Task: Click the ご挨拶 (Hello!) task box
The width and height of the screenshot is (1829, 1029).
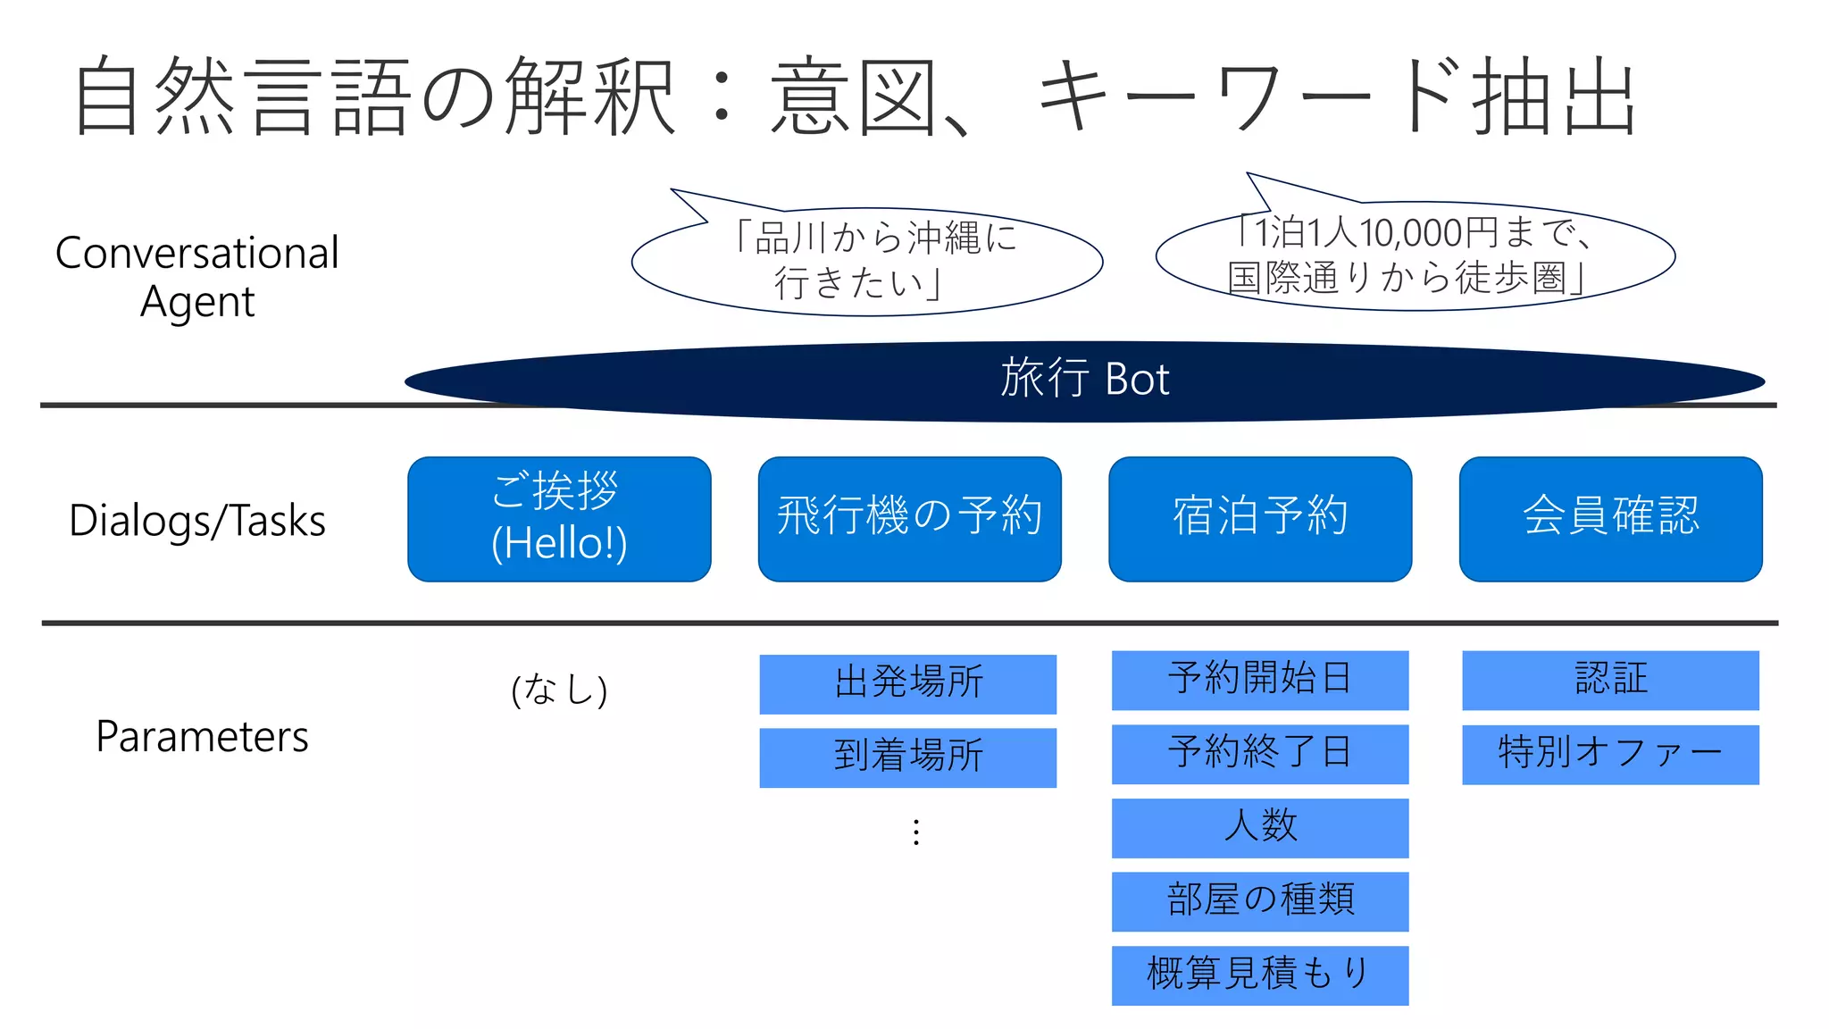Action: click(x=559, y=519)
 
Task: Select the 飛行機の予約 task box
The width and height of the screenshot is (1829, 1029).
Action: click(x=909, y=519)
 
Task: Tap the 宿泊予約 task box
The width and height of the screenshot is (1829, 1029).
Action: click(x=1260, y=519)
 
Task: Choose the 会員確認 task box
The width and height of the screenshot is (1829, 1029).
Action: click(x=1610, y=519)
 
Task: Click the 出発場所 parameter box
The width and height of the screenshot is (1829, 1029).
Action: click(x=907, y=684)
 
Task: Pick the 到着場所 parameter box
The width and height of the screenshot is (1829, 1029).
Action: click(x=907, y=757)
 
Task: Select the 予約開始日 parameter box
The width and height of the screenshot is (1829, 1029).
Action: click(x=1259, y=680)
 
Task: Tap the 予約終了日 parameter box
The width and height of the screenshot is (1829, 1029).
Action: click(x=1259, y=754)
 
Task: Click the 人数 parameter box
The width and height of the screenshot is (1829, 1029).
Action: click(x=1259, y=828)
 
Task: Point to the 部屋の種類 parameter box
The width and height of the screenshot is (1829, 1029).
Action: click(x=1259, y=901)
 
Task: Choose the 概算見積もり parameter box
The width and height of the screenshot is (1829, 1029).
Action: click(x=1259, y=975)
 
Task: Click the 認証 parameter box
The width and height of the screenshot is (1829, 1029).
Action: click(x=1610, y=680)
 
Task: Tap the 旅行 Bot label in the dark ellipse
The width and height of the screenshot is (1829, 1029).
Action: click(x=1084, y=380)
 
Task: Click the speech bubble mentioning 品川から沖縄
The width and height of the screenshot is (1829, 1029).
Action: click(x=867, y=261)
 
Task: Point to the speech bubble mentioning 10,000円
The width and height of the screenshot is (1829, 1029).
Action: click(x=1415, y=256)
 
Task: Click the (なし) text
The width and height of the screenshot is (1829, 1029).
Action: click(x=559, y=690)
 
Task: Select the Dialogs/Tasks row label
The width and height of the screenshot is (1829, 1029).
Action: click(x=197, y=521)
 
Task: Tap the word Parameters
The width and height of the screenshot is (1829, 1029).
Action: click(x=202, y=738)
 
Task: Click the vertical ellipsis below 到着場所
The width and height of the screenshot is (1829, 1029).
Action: click(x=915, y=832)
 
